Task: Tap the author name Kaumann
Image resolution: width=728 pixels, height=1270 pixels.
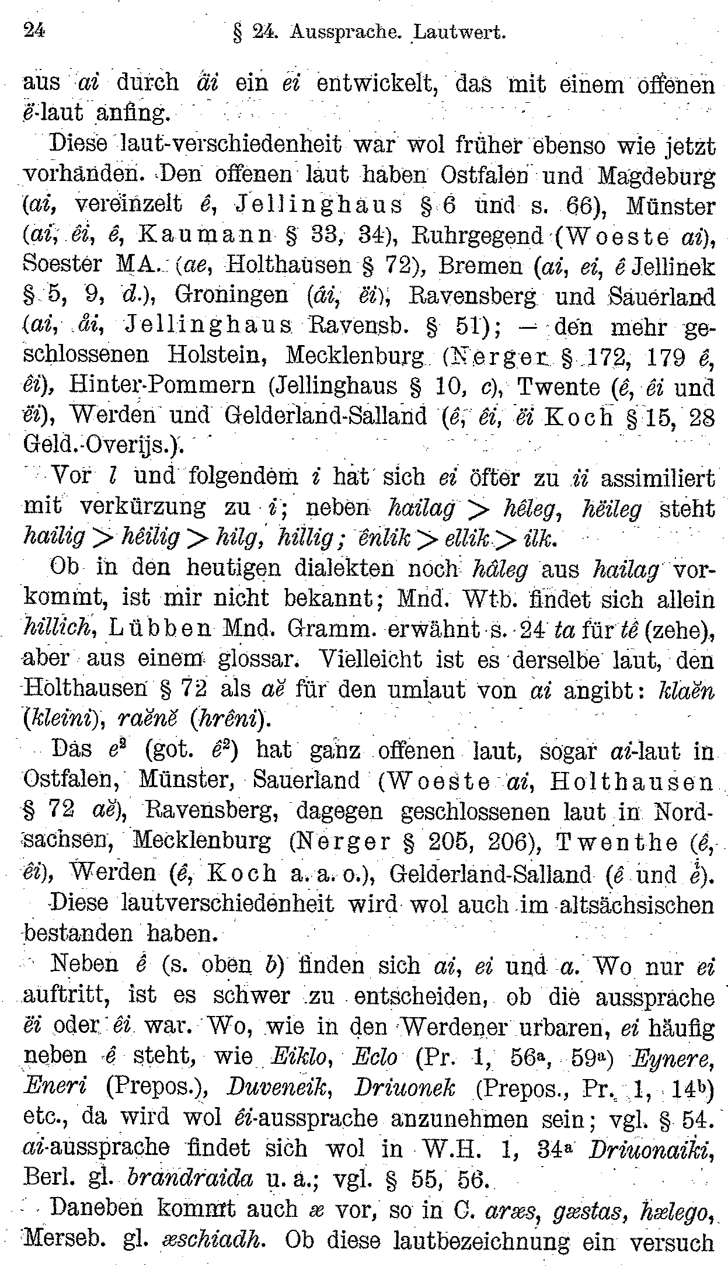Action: pos(198,236)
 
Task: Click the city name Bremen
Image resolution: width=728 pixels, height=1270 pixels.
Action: pos(480,266)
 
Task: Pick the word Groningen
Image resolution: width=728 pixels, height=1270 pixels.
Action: pos(231,295)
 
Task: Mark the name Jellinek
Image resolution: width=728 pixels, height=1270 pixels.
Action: pos(673,266)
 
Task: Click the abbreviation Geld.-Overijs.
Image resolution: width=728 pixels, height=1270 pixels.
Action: pos(103,447)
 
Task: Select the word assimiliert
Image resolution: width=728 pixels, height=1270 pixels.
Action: pos(657,478)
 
